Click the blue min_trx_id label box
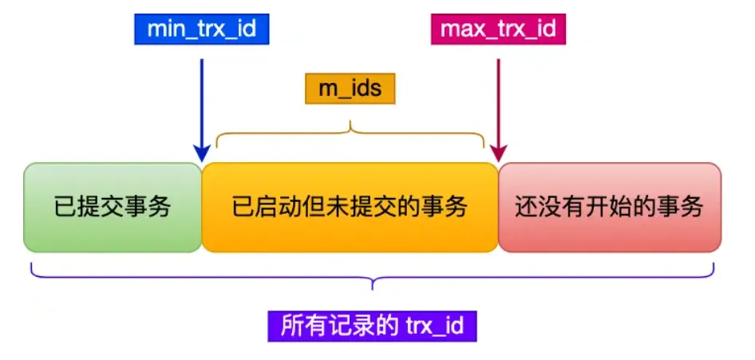click(x=203, y=30)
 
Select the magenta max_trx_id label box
click(x=499, y=30)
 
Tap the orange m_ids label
click(x=350, y=89)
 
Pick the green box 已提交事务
click(x=113, y=208)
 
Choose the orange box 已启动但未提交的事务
click(x=350, y=208)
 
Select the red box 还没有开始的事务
click(x=609, y=208)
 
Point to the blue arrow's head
click(x=203, y=152)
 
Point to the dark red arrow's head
click(x=500, y=152)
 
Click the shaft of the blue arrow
click(x=203, y=96)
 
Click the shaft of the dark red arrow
click(x=499, y=96)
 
